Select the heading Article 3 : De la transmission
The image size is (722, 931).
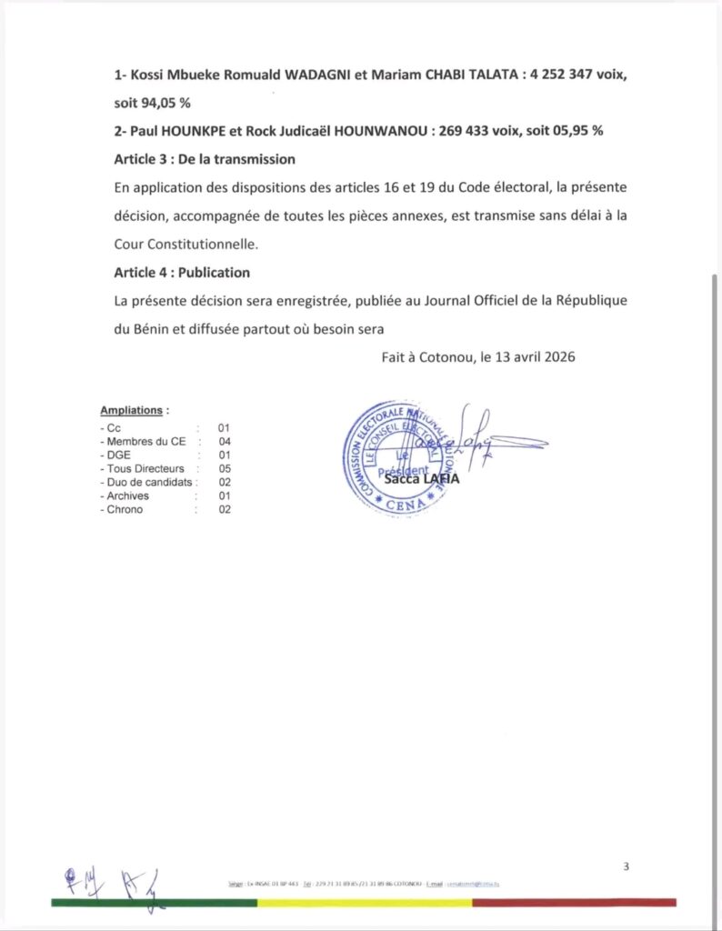coord(205,159)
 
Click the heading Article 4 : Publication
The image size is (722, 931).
coord(182,273)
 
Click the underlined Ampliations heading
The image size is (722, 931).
coord(131,411)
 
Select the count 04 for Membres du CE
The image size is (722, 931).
coord(224,441)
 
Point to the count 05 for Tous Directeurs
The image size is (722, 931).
coord(224,468)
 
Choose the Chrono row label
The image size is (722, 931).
coord(125,509)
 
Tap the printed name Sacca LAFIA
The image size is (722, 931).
coord(422,479)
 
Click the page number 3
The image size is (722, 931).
coord(626,866)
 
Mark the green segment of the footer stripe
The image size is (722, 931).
coord(154,903)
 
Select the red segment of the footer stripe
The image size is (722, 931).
coord(574,903)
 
